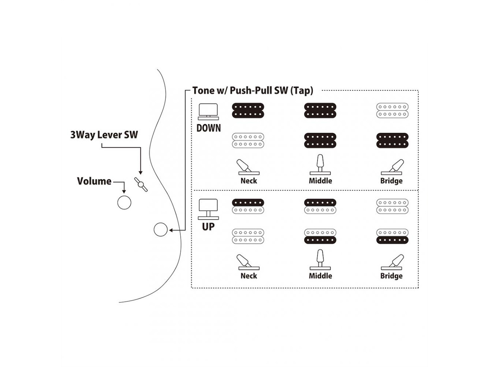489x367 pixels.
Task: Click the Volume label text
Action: [94, 181]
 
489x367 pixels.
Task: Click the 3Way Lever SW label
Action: [104, 135]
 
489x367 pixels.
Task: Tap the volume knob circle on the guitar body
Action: [124, 202]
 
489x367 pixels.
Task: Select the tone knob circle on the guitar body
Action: [160, 229]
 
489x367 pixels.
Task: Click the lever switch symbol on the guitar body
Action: [141, 184]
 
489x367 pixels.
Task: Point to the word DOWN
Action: [209, 128]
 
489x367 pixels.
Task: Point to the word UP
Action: [208, 227]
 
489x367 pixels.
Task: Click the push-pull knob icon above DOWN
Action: [208, 111]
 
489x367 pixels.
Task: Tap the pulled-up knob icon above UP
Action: [208, 209]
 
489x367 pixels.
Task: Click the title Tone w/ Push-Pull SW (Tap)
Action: [253, 91]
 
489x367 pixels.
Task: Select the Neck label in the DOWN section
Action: [249, 181]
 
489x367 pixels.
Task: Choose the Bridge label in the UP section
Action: [391, 276]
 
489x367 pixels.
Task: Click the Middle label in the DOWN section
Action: [320, 181]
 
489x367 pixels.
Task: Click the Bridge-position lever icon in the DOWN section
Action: [392, 167]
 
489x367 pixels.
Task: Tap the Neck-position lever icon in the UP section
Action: [248, 262]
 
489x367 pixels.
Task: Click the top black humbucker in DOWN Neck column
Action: [248, 110]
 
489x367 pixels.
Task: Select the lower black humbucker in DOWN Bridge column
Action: [392, 140]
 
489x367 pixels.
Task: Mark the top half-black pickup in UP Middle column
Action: [320, 206]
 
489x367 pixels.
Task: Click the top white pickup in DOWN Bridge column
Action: [392, 110]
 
